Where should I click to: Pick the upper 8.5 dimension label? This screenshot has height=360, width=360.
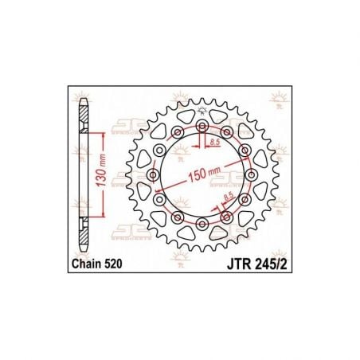tap(215, 142)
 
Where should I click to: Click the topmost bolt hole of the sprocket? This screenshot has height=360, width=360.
tap(202, 127)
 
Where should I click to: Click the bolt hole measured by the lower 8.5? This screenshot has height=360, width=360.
tap(226, 217)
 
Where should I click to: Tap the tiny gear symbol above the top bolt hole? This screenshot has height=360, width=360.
tap(202, 111)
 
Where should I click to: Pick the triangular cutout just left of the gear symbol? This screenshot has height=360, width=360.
tap(185, 118)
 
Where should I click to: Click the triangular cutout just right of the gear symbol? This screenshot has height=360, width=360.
tap(219, 118)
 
